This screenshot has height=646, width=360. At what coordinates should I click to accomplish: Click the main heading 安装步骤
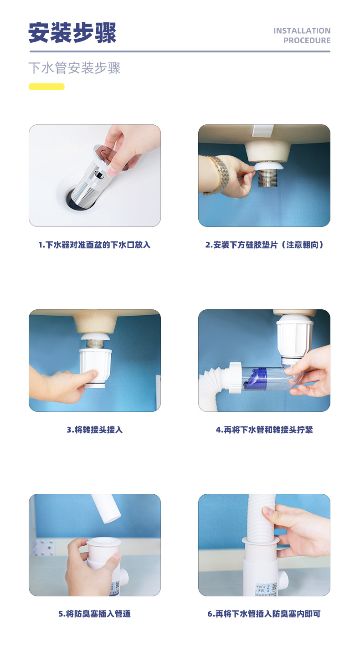click(x=72, y=33)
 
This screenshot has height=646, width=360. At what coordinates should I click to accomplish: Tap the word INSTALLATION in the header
click(x=302, y=31)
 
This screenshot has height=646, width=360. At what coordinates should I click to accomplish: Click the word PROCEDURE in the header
click(x=307, y=41)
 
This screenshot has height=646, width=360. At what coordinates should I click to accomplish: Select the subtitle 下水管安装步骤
click(x=74, y=68)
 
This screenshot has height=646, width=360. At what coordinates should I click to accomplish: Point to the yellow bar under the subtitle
click(x=46, y=87)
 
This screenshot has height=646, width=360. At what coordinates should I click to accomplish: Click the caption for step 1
click(x=94, y=245)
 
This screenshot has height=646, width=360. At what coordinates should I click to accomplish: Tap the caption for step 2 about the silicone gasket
click(x=264, y=245)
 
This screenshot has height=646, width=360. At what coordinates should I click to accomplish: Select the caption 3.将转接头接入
click(x=95, y=430)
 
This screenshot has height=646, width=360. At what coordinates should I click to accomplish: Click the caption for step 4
click(x=264, y=430)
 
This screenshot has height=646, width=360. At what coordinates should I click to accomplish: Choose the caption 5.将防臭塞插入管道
click(x=95, y=614)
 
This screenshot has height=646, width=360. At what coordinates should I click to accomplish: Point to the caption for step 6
click(x=264, y=614)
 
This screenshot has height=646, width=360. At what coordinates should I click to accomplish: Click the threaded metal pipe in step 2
click(x=267, y=178)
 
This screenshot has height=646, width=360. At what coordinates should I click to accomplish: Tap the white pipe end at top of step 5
click(x=106, y=508)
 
